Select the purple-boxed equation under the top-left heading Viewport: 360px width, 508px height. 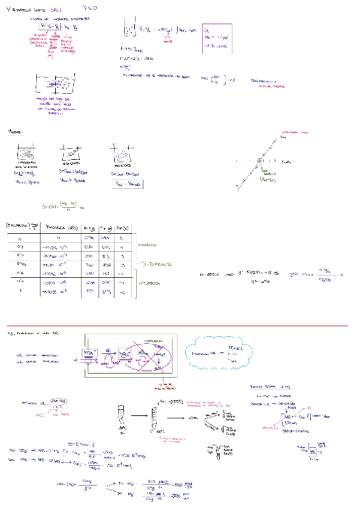click(x=50, y=26)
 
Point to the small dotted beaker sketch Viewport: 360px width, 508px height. click(x=129, y=28)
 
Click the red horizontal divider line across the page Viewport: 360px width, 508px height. click(x=180, y=326)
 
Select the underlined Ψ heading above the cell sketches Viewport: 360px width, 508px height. click(x=14, y=131)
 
